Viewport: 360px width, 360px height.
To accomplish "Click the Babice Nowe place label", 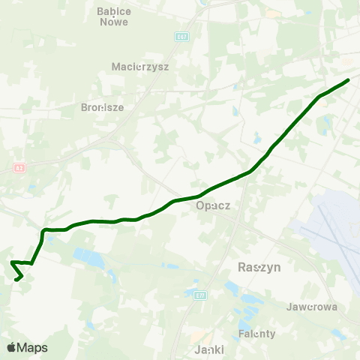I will click(113, 16).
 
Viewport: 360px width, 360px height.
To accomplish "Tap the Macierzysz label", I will click(140, 66).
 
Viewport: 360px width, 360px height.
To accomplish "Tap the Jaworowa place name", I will click(312, 307).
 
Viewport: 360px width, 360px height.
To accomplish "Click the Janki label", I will click(209, 350).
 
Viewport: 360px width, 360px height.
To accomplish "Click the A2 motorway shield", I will click(19, 169).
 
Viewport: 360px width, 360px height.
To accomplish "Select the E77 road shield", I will click(199, 296).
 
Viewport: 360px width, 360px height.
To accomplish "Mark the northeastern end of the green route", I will click(349, 79).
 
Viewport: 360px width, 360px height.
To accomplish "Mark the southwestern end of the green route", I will click(16, 280).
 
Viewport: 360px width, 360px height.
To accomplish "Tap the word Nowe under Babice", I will click(113, 22).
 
